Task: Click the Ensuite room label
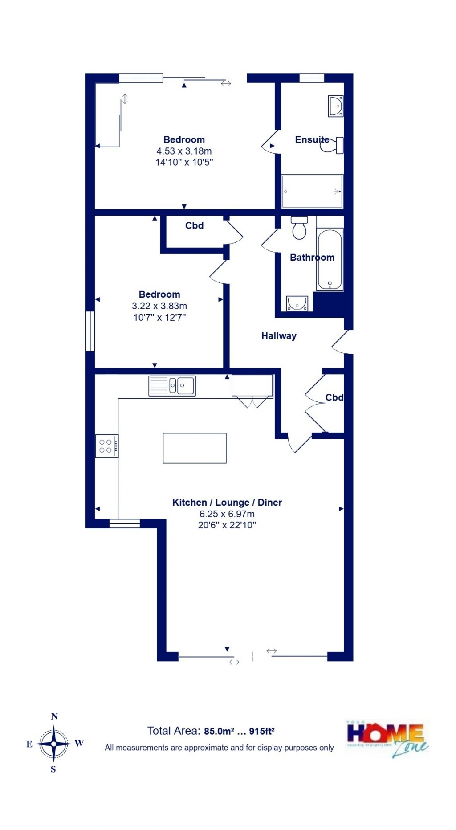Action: [x=312, y=140]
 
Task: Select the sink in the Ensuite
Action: [x=335, y=106]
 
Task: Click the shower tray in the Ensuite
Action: [x=312, y=191]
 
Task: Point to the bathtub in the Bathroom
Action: [x=330, y=259]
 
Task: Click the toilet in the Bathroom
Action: [x=299, y=228]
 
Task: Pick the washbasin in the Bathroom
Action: [x=297, y=303]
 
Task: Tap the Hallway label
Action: [x=279, y=336]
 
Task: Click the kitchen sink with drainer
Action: [x=172, y=386]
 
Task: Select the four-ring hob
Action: [x=106, y=446]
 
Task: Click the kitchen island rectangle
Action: [x=195, y=448]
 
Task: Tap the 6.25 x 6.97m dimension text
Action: [x=227, y=514]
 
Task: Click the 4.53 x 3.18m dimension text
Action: [x=184, y=151]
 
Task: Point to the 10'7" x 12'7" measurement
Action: [x=159, y=318]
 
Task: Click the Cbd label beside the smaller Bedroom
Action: [x=194, y=226]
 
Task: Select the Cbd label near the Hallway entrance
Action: [x=334, y=397]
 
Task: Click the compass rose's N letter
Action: [x=54, y=716]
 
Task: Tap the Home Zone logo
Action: [x=387, y=739]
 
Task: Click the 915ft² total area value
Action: [x=261, y=731]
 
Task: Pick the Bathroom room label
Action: [x=312, y=258]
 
